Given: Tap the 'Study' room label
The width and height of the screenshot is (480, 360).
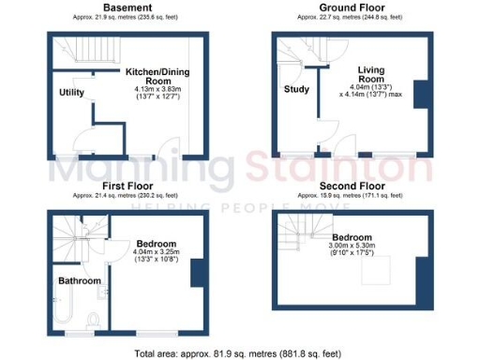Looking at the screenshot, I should [x=296, y=90].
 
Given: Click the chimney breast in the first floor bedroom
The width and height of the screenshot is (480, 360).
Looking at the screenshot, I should [x=196, y=273].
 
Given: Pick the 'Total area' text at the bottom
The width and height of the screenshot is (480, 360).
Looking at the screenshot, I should [x=240, y=352].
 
